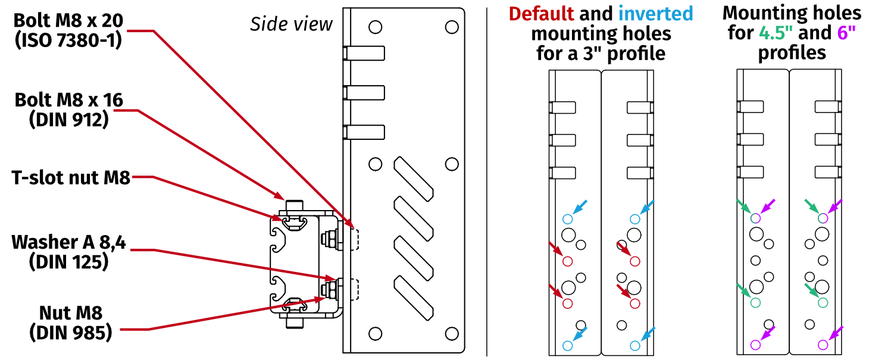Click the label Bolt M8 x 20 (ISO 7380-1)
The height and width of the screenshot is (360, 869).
68,30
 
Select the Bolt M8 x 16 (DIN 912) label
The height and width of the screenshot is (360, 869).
68,109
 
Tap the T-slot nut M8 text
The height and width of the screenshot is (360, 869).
71,177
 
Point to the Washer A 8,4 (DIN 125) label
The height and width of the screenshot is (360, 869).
68,252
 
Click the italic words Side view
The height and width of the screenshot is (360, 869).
291,24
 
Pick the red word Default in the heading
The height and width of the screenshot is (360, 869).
541,13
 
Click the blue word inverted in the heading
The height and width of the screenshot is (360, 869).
655,13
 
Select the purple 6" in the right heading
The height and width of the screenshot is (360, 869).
848,33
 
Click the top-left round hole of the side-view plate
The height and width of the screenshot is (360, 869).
375,27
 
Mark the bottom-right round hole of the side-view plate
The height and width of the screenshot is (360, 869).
452,333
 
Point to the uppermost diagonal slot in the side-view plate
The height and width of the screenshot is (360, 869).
414,177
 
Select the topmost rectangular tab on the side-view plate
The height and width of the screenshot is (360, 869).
364,53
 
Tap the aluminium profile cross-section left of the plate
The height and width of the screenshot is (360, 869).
292,262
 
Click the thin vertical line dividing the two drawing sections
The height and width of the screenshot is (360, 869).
487,179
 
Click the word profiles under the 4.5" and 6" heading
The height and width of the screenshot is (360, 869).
792,52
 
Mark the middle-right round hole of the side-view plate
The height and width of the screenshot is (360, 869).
452,164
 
